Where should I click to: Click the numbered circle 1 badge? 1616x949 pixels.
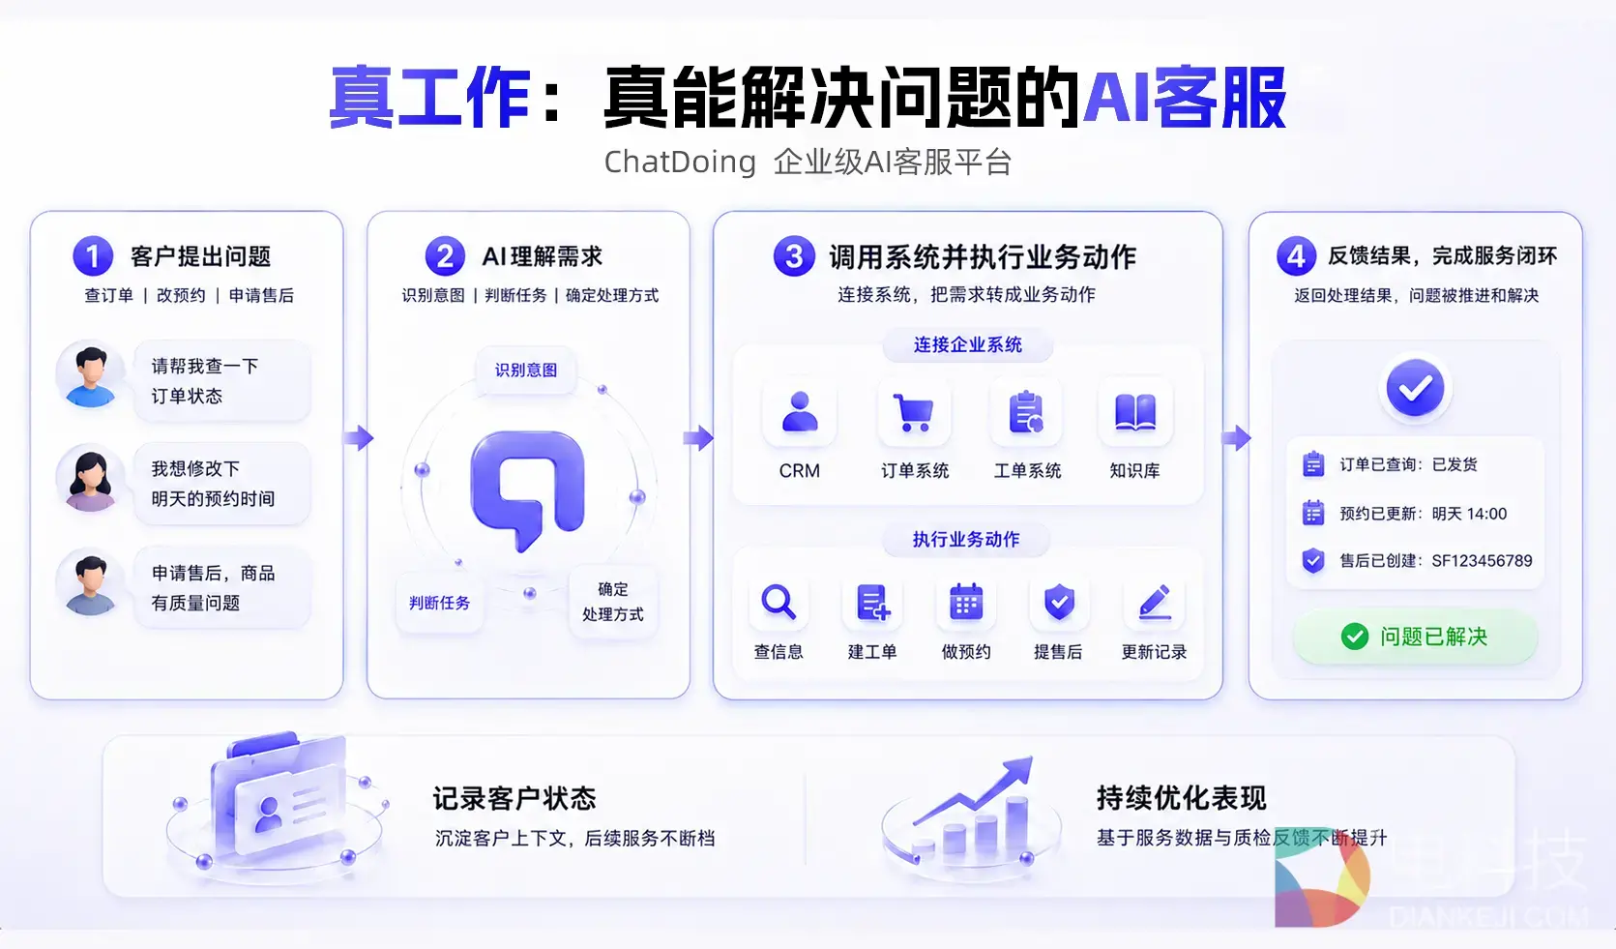(x=93, y=255)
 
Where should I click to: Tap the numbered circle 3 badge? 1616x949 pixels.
(x=794, y=255)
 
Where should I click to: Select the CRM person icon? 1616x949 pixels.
(x=800, y=412)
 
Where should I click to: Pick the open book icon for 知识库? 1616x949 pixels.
(x=1134, y=412)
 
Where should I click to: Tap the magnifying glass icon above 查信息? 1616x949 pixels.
(x=779, y=602)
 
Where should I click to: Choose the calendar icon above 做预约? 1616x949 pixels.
(x=966, y=602)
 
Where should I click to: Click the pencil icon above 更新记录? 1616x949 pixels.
(x=1155, y=602)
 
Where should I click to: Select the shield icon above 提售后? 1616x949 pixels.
(x=1059, y=602)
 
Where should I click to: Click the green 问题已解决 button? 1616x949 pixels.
(x=1415, y=637)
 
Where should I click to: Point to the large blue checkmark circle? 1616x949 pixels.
(x=1415, y=388)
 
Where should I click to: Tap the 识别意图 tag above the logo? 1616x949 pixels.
(x=526, y=371)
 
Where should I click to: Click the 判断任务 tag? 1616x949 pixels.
(x=439, y=603)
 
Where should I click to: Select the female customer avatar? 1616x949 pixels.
(x=90, y=481)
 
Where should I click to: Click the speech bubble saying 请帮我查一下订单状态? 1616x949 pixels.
(x=222, y=380)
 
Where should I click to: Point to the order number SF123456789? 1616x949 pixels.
(x=1482, y=561)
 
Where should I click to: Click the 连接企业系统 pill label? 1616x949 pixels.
(x=967, y=345)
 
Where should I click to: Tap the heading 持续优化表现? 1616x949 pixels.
(x=1182, y=798)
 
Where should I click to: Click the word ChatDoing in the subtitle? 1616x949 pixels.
(x=680, y=162)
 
